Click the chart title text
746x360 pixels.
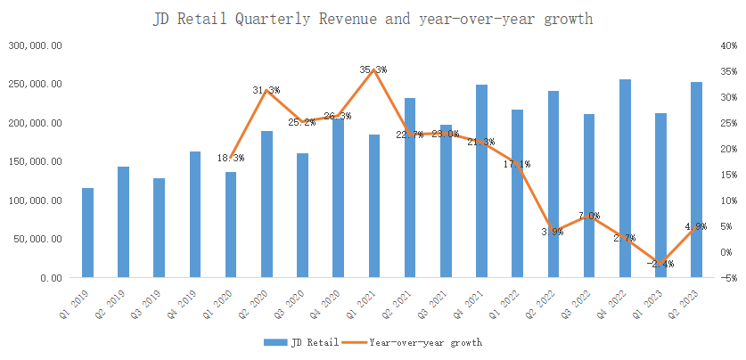373,19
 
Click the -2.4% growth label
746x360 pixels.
661,264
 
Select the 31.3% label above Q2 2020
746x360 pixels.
266,90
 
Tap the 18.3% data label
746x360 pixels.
230,158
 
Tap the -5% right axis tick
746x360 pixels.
729,278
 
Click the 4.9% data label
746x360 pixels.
696,226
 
